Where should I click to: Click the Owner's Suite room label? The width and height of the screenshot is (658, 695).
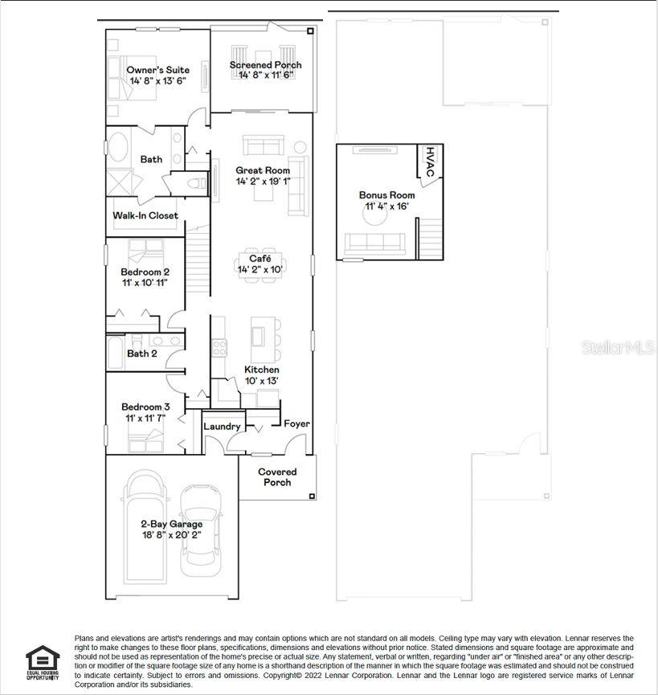[x=159, y=70]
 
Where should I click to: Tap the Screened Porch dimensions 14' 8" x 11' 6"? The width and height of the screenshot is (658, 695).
[x=265, y=76]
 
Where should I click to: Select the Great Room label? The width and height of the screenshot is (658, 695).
[x=263, y=170]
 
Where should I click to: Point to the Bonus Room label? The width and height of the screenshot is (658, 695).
[x=386, y=195]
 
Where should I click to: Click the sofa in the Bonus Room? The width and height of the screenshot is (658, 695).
[x=375, y=242]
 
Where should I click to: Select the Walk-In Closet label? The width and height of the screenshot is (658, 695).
[x=145, y=215]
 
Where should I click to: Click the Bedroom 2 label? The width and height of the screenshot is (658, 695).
[x=145, y=272]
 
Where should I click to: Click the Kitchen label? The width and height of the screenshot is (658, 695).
[x=262, y=370]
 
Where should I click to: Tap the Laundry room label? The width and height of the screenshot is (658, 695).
[x=222, y=427]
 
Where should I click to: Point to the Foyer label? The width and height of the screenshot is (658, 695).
[x=296, y=423]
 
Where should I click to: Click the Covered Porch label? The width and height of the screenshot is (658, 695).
[x=277, y=472]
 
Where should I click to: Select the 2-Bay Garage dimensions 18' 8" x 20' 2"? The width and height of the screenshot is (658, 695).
[x=172, y=534]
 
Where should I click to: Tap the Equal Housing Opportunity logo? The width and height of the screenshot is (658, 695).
[x=43, y=662]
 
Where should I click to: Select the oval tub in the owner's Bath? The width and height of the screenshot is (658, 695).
[x=119, y=149]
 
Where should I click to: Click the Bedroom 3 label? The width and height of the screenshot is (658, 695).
[x=145, y=407]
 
